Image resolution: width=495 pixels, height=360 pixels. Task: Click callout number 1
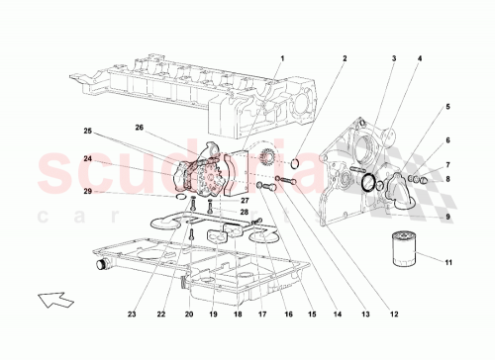click(x=280, y=32)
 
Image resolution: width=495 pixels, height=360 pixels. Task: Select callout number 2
click(x=346, y=58)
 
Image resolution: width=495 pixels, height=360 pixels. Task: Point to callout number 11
click(x=448, y=262)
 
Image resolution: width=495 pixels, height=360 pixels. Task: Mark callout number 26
click(x=140, y=126)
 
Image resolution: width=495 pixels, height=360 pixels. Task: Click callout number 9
click(x=447, y=217)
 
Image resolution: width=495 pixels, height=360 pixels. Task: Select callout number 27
click(x=243, y=200)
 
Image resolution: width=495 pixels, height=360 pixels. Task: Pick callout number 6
click(x=447, y=142)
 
